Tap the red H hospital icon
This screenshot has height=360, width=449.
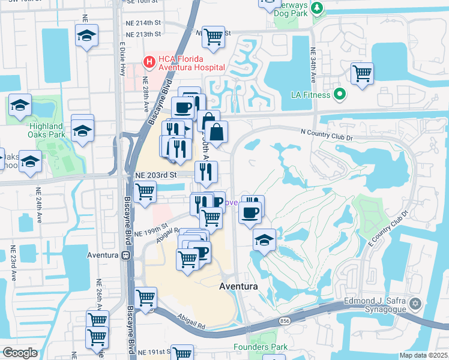click(x=148, y=61)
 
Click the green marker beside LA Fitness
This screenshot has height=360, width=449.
click(x=340, y=94)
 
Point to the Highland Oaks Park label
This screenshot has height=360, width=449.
click(x=46, y=130)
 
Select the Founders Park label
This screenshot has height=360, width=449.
click(x=261, y=347)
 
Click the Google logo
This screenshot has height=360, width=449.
click(x=20, y=353)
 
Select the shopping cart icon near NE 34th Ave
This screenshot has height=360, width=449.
click(x=362, y=74)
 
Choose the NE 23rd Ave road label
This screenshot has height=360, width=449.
click(x=13, y=263)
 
